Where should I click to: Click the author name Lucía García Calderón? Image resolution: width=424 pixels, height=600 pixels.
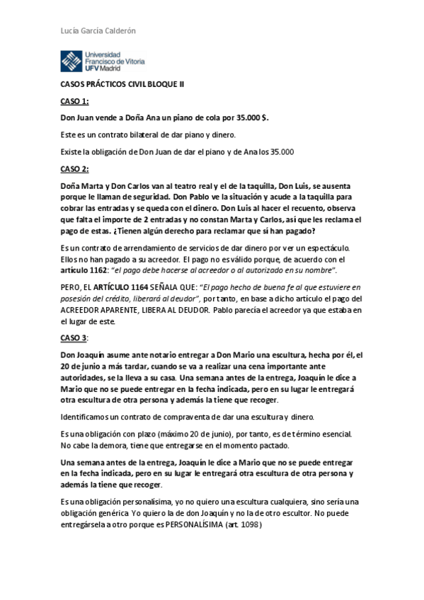(x=96, y=31)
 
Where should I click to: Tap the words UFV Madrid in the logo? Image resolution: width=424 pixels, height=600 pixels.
(x=102, y=68)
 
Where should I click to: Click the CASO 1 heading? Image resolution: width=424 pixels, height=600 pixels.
(x=74, y=101)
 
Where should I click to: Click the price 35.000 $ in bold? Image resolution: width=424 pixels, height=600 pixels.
(x=250, y=117)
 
